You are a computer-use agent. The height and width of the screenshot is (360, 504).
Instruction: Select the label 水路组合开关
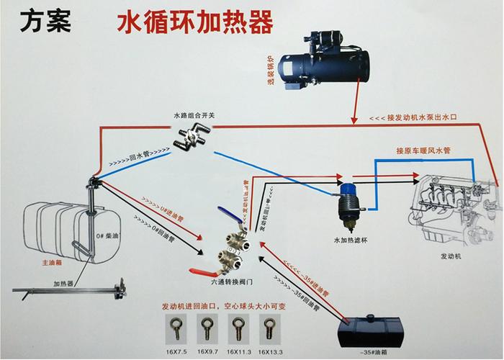pos(194,114)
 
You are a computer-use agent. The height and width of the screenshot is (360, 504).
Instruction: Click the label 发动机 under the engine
pos(451,255)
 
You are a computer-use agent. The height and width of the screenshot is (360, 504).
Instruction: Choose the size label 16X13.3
pos(269,352)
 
